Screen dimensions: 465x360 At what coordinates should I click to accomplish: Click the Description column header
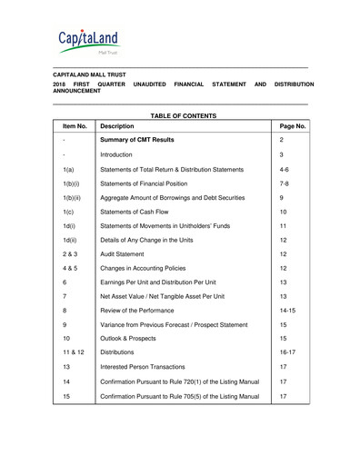(x=125, y=127)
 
